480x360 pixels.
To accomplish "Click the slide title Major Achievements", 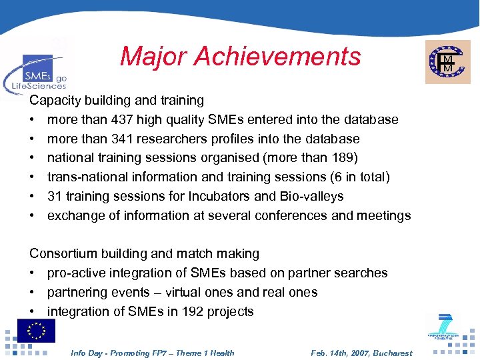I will (x=240, y=57).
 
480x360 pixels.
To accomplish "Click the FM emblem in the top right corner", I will (x=447, y=61).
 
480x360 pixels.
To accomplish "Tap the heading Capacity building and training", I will (x=117, y=101).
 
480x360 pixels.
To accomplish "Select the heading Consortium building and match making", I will (x=144, y=254).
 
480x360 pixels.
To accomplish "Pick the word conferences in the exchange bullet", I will (x=296, y=216).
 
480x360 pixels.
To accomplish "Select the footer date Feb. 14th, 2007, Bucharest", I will (x=361, y=353).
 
